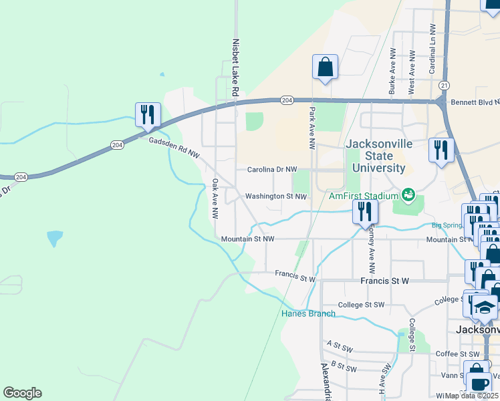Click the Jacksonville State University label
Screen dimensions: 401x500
[x=375, y=156]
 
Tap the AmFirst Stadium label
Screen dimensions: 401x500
[x=364, y=196]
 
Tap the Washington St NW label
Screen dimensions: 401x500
[x=275, y=196]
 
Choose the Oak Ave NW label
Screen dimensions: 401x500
[x=215, y=198]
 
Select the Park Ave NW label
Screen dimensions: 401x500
[x=311, y=128]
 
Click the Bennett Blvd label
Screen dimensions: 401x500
[x=475, y=103]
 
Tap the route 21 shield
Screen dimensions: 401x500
[x=444, y=86]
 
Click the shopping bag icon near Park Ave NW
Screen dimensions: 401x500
[x=325, y=67]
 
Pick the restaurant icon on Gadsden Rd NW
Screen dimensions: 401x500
[x=148, y=114]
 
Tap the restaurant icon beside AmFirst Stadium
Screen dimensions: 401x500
[x=365, y=212]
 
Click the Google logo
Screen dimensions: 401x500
[x=22, y=393]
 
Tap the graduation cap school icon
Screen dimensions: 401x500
[x=486, y=307]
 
